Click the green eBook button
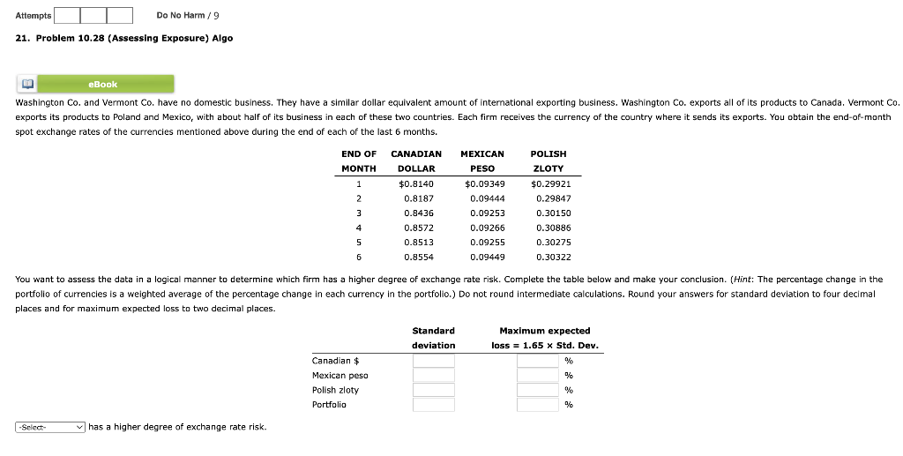pos(102,84)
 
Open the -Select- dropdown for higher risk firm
pos(50,427)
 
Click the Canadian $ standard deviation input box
pos(433,361)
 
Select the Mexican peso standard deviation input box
pos(433,376)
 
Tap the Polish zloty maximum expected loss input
pos(539,390)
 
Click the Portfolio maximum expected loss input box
pos(539,405)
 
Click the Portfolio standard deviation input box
pos(433,405)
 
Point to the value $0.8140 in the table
pos(416,183)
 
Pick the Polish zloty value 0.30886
pos(553,228)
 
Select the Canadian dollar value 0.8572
pos(418,228)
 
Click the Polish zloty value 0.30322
pos(553,258)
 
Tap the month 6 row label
pos(358,258)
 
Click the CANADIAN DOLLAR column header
pos(416,161)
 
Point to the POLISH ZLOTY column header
pos(549,161)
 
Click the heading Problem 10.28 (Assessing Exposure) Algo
pos(124,39)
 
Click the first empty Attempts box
pos(67,15)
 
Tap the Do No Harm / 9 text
pos(188,15)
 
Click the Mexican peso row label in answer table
pos(340,376)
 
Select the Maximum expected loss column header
pos(544,338)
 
